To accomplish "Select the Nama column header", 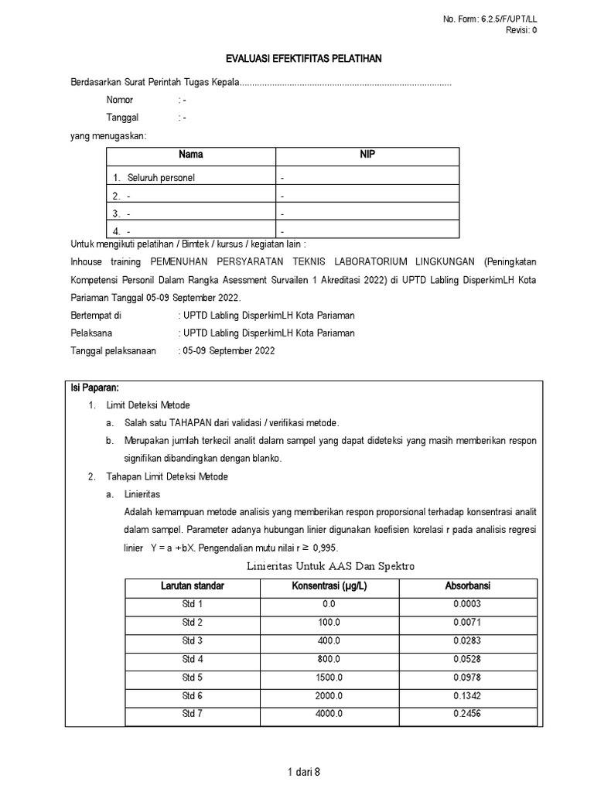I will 191,155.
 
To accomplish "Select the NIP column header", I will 367,155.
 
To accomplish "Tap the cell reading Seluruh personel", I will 161,178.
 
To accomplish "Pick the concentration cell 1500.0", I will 329,677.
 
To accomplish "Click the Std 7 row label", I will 193,713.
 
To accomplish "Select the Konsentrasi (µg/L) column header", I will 329,585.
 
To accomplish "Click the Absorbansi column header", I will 467,585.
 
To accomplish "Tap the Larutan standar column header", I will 193,585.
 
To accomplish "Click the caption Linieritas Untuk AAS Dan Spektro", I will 331,566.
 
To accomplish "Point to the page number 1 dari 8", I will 302,771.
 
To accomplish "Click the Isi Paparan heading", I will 94,387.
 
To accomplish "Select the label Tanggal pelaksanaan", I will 113,350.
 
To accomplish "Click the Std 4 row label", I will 193,658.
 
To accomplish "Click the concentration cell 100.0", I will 329,622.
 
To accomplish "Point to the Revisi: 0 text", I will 521,30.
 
